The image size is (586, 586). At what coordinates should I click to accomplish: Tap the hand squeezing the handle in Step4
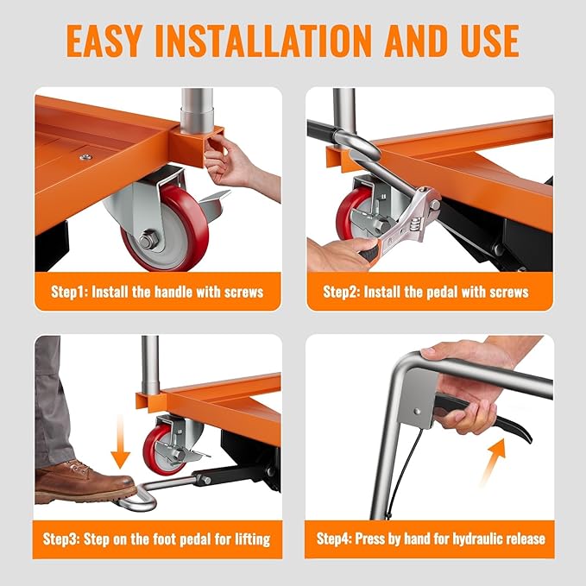point(462,380)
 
